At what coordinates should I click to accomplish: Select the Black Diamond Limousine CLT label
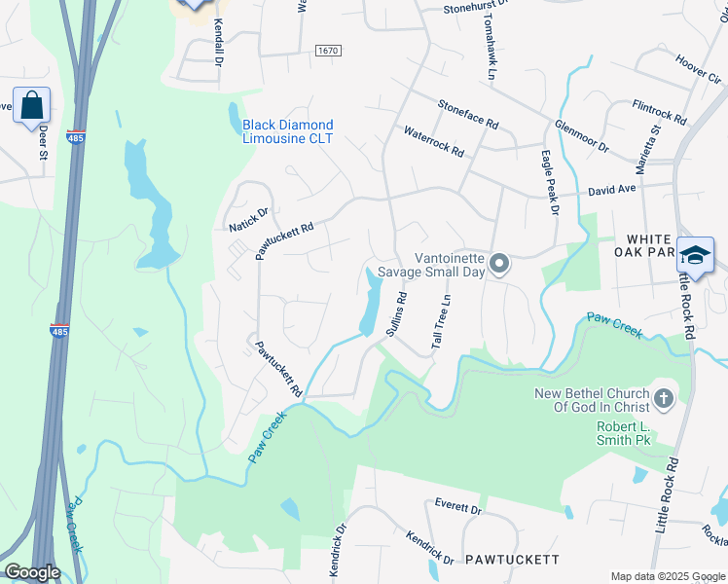point(287,131)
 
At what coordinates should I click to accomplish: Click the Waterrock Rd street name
point(434,142)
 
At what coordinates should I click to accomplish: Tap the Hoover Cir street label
point(697,65)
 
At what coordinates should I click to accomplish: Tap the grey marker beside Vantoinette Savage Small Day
point(499,265)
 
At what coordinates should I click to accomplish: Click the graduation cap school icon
point(695,255)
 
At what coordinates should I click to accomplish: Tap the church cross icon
point(663,398)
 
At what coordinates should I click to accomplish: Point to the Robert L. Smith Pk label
point(637,434)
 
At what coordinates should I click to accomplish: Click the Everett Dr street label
point(457,508)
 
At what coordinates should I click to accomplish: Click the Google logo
point(32,572)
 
